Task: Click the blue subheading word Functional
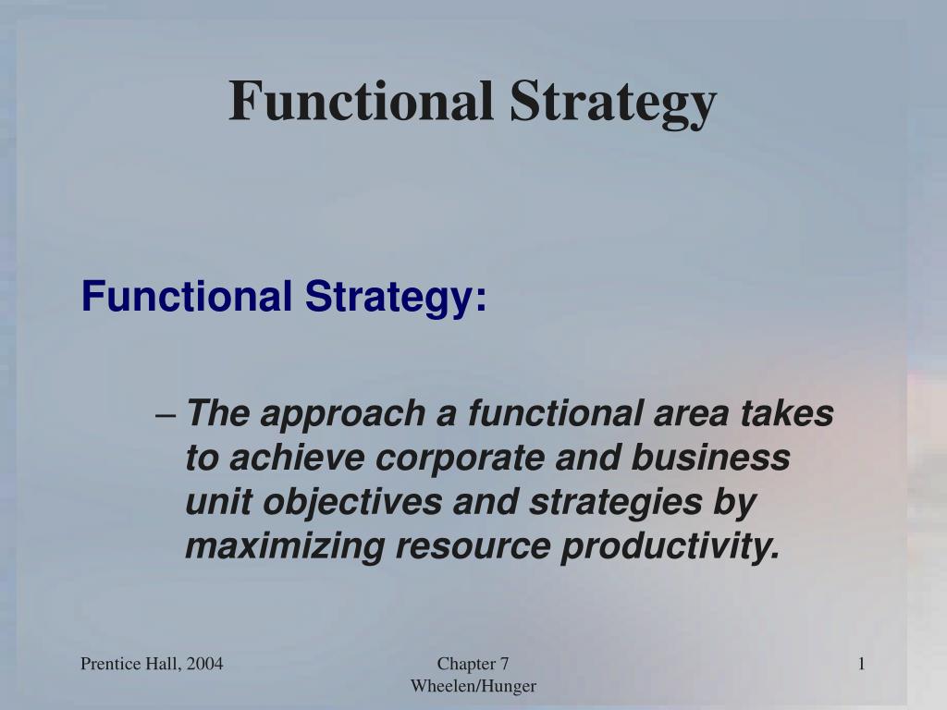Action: tap(185, 297)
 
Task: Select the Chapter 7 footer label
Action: tap(473, 663)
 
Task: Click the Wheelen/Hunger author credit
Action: tap(473, 685)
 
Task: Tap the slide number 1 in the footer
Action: tap(861, 663)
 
